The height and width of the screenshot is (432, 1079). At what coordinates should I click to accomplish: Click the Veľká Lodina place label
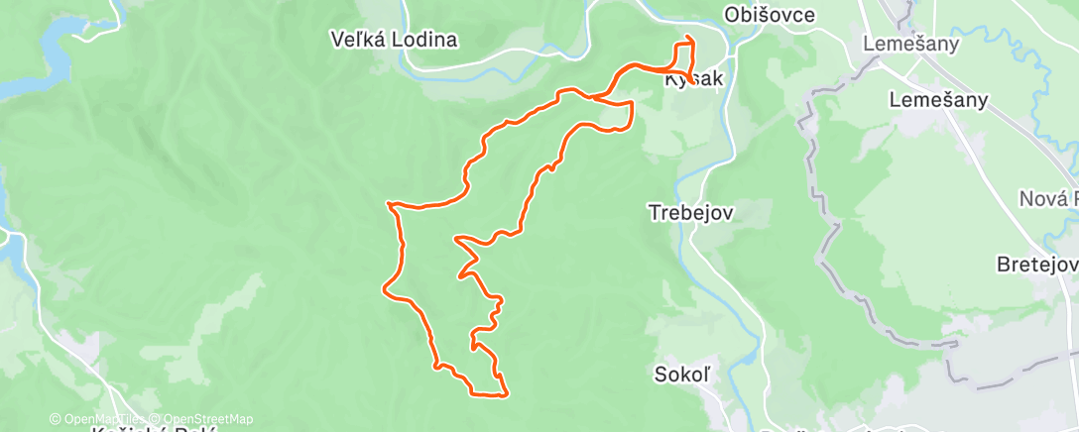[x=394, y=41]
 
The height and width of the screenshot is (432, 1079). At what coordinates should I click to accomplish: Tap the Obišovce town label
[x=770, y=15]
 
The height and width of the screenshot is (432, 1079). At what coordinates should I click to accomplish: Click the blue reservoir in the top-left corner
[x=40, y=69]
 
